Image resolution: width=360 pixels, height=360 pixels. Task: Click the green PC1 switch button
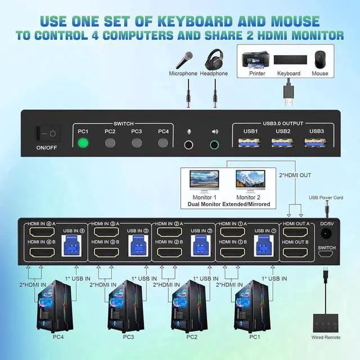pyautogui.click(x=83, y=143)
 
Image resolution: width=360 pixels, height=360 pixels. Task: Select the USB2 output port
pyautogui.click(x=282, y=143)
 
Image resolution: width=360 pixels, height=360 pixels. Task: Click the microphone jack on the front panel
pyautogui.click(x=190, y=144)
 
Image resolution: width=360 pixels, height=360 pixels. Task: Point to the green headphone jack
pyautogui.click(x=214, y=144)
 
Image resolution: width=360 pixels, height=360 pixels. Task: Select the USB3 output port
pyautogui.click(x=317, y=143)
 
